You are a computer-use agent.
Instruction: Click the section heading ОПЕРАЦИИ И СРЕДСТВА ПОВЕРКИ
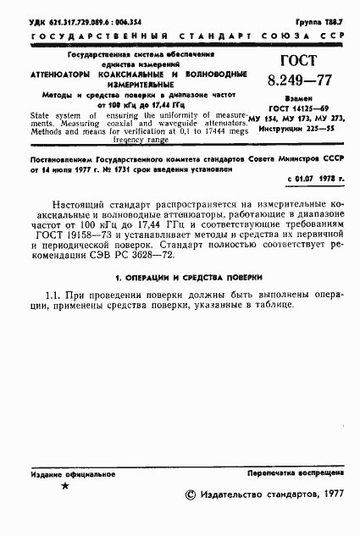tap(180, 299)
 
